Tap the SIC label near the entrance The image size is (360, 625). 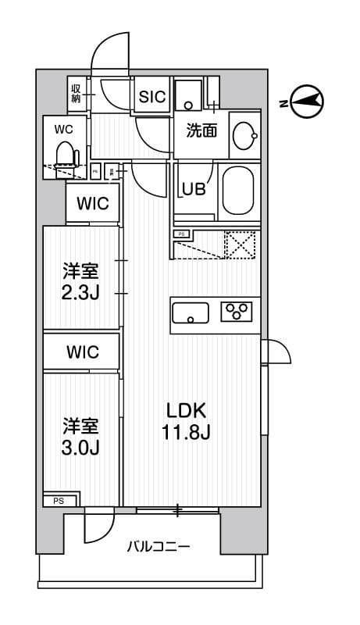(151, 97)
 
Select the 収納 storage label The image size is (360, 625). (77, 94)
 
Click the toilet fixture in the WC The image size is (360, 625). (66, 154)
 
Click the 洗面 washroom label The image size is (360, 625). (201, 132)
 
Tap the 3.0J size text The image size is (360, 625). (81, 448)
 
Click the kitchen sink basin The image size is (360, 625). (191, 313)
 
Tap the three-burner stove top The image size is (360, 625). (238, 312)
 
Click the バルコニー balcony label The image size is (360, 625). (159, 547)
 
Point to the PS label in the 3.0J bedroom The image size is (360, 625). (59, 501)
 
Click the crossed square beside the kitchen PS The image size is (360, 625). (241, 245)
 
